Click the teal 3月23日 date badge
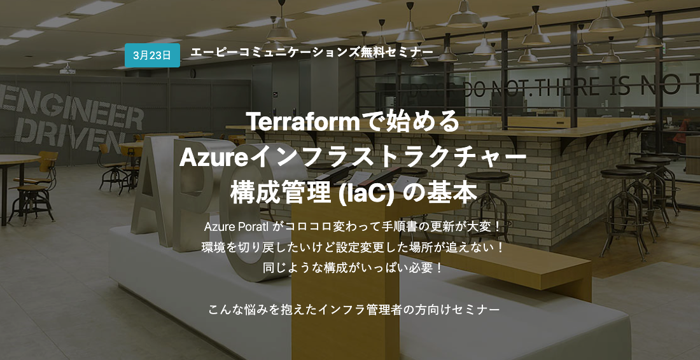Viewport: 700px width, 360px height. pyautogui.click(x=152, y=55)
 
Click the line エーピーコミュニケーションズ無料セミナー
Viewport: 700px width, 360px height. pyautogui.click(x=312, y=52)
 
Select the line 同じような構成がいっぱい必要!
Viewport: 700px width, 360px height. pyautogui.click(x=353, y=268)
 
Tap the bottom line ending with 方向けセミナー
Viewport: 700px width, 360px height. pyautogui.click(x=353, y=310)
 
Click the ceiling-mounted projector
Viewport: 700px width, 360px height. pyautogui.click(x=68, y=69)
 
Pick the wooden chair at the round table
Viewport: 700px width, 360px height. pyautogui.click(x=34, y=188)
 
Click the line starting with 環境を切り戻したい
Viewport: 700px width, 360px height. pyautogui.click(x=353, y=247)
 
